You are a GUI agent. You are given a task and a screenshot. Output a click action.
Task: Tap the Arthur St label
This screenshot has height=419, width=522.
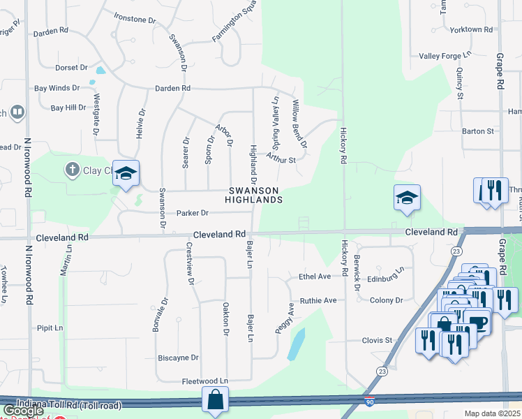(x=281, y=159)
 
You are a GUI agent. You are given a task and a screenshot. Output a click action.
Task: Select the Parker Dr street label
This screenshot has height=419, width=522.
(x=192, y=213)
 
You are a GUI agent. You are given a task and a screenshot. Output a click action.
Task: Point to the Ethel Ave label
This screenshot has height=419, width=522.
(x=315, y=277)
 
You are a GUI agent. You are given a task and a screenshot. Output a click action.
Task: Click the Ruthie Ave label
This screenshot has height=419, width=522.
(x=318, y=300)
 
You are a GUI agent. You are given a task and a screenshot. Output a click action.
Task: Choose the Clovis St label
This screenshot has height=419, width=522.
(x=377, y=340)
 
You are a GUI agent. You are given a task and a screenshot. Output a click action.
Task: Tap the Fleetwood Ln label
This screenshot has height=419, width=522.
(x=204, y=381)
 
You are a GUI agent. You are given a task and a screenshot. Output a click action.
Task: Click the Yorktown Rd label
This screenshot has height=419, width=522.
(x=471, y=29)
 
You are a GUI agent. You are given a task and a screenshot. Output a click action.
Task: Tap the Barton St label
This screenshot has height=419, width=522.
(x=477, y=131)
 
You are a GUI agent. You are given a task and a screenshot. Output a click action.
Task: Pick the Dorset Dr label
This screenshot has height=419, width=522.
(x=71, y=68)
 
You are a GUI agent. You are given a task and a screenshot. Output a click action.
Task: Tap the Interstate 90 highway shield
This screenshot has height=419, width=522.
(x=368, y=402)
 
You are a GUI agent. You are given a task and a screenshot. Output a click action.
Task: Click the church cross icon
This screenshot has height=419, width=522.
(x=71, y=169)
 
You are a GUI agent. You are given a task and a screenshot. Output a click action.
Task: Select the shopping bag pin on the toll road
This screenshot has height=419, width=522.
(x=215, y=400)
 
